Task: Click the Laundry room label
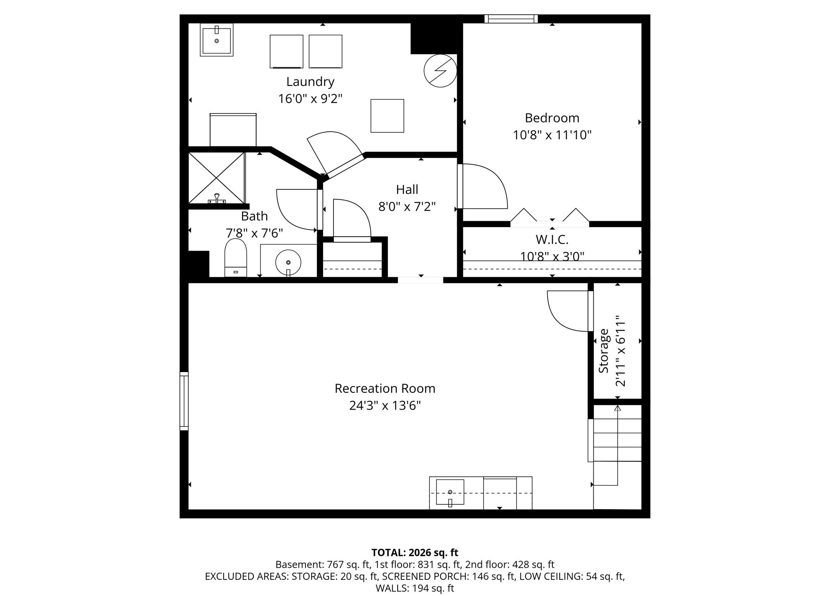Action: click(x=310, y=81)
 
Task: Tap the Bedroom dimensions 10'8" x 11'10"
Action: click(x=552, y=135)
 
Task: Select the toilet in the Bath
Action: click(x=235, y=258)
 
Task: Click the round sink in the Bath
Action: click(x=288, y=262)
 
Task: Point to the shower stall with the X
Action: click(x=216, y=178)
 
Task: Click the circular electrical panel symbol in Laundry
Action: click(x=440, y=71)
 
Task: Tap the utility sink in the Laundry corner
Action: click(x=216, y=40)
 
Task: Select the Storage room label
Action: click(x=604, y=351)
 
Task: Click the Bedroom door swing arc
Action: click(x=486, y=187)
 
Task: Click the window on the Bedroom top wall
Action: click(x=511, y=19)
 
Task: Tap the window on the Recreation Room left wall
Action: click(x=184, y=401)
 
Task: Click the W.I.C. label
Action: click(x=552, y=240)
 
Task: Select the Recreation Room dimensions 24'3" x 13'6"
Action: click(x=385, y=405)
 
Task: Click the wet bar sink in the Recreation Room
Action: click(x=450, y=492)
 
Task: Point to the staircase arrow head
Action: click(x=617, y=408)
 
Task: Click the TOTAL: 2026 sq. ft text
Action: click(x=415, y=552)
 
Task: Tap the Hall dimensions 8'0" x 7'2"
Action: click(x=407, y=207)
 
